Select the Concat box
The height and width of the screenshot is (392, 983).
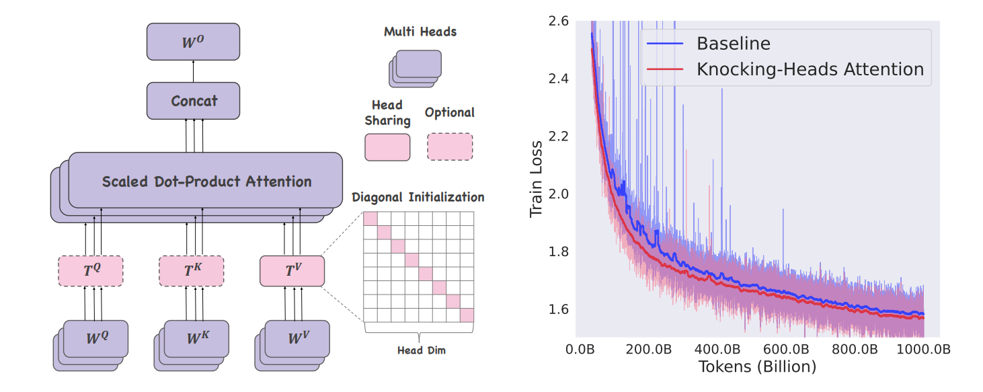[193, 101]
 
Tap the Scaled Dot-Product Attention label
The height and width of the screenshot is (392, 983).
[206, 182]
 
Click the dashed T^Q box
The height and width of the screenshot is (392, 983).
[91, 271]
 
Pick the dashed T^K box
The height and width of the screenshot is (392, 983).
[191, 271]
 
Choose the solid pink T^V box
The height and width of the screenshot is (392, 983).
[292, 271]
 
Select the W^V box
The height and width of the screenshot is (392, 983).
[298, 338]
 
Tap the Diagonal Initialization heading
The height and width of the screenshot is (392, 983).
[418, 198]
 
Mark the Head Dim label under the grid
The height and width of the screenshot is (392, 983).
[419, 350]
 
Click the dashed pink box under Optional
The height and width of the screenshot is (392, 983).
[449, 147]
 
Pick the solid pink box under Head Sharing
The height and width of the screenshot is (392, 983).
[387, 147]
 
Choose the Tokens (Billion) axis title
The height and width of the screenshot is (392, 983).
[757, 367]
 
